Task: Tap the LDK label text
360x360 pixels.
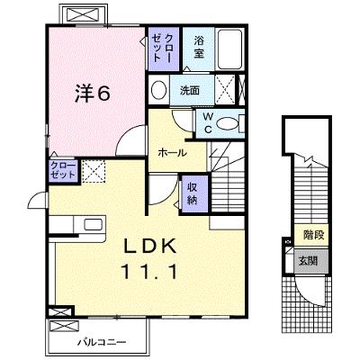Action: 150,247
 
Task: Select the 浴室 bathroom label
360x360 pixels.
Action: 199,47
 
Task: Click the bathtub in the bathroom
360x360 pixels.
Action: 229,49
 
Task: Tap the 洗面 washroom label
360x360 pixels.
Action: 190,90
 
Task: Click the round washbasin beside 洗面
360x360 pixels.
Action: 158,90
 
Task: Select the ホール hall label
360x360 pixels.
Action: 172,153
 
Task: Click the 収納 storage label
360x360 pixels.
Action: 192,193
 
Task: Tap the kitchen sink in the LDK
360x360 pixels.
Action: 93,224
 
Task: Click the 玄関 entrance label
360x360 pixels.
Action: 308,261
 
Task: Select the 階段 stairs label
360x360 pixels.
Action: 314,234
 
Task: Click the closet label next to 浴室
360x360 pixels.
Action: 163,48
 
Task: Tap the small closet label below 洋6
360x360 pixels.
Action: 63,170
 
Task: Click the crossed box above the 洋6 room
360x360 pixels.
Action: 83,14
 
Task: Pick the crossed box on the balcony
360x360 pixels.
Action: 64,326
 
